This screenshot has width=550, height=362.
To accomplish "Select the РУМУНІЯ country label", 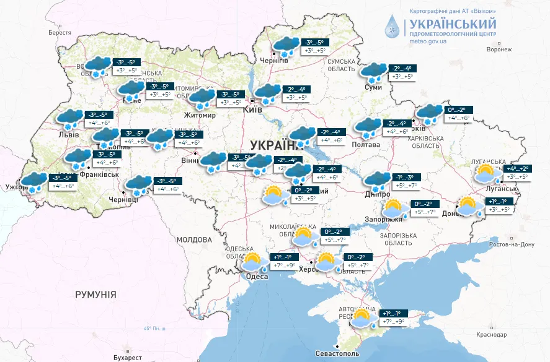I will [x=95, y=295].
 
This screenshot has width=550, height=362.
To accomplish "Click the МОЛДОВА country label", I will [x=194, y=239].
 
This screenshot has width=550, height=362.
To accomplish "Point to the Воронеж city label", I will [x=499, y=50].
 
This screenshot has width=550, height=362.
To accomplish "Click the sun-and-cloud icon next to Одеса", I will [x=254, y=262].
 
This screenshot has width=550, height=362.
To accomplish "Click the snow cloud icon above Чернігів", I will [x=285, y=46].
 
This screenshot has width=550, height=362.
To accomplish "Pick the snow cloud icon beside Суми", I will [x=374, y=72].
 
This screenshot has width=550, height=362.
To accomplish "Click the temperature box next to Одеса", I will [x=286, y=261].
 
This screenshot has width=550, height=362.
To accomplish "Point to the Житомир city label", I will [x=200, y=115].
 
